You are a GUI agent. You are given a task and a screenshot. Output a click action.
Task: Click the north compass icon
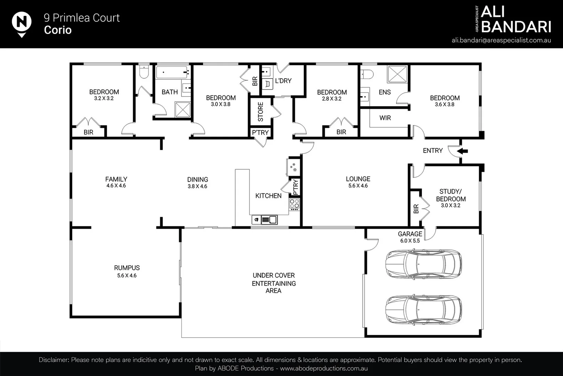22,23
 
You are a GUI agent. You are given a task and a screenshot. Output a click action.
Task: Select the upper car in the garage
424,264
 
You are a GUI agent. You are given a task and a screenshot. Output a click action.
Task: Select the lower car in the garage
424,310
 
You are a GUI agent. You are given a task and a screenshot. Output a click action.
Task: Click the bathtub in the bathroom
172,72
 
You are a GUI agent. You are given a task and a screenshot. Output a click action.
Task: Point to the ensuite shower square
397,74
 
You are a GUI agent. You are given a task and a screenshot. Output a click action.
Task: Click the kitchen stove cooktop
294,204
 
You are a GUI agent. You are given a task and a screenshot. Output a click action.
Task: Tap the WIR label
385,118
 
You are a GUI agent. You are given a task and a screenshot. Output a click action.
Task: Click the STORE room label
260,112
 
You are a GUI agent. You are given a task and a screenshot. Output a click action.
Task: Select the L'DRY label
283,81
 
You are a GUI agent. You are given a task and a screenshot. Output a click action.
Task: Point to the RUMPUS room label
127,268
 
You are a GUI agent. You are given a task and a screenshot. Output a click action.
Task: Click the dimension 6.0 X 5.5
410,241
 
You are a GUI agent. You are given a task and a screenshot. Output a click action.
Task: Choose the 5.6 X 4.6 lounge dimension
358,186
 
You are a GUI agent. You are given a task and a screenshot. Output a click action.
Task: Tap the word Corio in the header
58,30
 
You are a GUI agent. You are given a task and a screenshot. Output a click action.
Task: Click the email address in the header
501,40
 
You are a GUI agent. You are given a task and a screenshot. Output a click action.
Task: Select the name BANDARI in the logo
516,26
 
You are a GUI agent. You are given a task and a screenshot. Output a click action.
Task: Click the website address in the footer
324,368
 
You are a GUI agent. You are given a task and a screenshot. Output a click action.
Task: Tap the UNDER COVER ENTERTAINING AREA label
274,283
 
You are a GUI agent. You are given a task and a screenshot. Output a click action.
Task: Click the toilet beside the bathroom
143,72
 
